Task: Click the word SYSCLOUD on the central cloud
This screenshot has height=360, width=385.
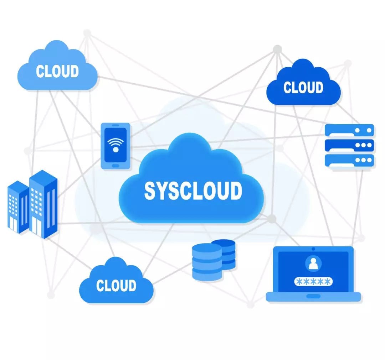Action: pos(193,191)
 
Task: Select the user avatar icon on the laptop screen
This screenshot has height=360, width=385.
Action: pos(313,264)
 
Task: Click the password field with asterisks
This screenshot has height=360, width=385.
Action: pos(313,282)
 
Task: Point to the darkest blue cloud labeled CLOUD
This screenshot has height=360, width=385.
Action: pos(303,85)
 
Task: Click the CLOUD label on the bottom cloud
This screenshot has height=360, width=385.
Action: pos(116,285)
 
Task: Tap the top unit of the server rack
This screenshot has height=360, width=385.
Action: pos(349,130)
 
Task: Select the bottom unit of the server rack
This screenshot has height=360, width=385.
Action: pos(349,160)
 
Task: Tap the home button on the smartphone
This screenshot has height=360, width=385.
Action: pos(115,165)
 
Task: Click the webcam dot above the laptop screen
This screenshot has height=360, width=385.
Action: pos(313,249)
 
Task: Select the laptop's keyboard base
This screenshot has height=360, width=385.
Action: pos(313,297)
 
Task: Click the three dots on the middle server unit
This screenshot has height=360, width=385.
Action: pos(363,145)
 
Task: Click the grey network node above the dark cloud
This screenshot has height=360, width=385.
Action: pos(277,49)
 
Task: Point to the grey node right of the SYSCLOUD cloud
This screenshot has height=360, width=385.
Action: pos(272,218)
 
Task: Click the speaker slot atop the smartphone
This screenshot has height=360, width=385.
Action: pos(115,126)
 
